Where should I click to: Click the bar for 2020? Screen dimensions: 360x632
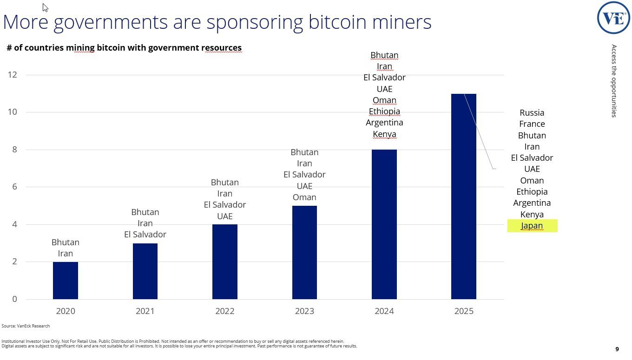coord(66,281)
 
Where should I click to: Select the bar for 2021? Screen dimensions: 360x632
coord(145,271)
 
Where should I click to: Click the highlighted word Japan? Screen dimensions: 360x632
coord(532,226)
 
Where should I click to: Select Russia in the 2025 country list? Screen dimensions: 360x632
coord(532,112)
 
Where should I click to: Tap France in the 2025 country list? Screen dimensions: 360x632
coord(532,124)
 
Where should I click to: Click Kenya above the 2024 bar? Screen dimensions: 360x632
coord(384,134)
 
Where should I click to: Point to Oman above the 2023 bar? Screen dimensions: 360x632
coord(304,197)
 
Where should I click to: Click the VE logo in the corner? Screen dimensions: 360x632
coord(613,18)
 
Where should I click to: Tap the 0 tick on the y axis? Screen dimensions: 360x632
coord(15,299)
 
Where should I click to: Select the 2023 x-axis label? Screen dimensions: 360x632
coord(304,311)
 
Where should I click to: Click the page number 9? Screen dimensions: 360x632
coord(617,349)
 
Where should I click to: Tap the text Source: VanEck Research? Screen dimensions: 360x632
coord(26,326)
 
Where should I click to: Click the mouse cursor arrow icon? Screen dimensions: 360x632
coord(45,7)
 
